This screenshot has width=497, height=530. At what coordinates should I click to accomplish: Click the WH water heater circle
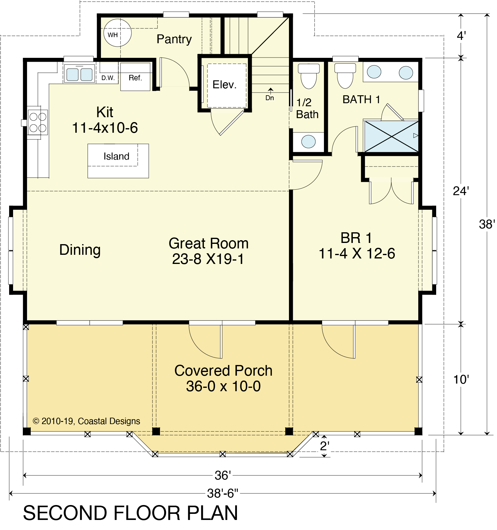point(117,33)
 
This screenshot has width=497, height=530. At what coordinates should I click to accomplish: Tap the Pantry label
point(174,39)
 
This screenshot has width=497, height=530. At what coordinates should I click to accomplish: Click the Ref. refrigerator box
point(135,77)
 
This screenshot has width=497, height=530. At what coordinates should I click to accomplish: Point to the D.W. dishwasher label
point(108,78)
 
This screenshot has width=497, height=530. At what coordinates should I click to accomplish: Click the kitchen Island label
point(116,156)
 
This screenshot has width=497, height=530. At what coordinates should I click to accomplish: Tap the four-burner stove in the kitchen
point(38,122)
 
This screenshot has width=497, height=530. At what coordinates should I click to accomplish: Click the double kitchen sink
point(79,74)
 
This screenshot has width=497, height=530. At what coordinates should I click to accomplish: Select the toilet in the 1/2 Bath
point(309,76)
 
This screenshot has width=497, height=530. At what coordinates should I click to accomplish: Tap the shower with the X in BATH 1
point(391,136)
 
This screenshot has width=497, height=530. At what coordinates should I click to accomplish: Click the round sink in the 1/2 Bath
point(308,142)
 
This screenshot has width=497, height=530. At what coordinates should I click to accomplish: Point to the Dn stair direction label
point(270,98)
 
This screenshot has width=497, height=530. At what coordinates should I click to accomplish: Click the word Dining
point(80,250)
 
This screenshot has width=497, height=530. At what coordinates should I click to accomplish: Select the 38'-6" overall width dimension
point(223,493)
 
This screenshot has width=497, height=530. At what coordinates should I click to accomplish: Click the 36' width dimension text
point(223,475)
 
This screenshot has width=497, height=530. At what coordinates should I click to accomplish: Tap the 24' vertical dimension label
point(461,191)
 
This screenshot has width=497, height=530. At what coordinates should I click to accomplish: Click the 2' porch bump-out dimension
point(325,446)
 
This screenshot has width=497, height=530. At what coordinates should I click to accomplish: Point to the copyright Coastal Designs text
point(86,421)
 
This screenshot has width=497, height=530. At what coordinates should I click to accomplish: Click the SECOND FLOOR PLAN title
point(130,513)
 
